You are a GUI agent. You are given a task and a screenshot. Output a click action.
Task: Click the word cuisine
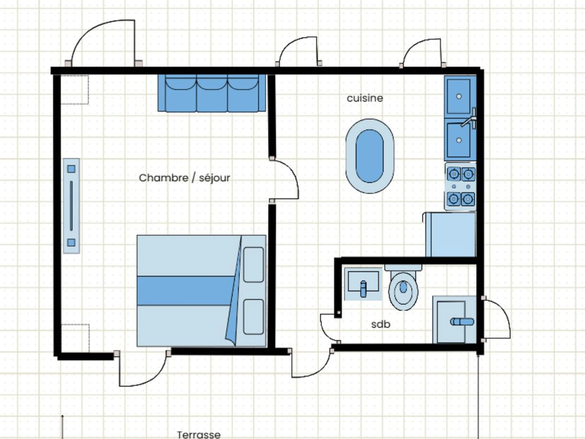click(x=365, y=98)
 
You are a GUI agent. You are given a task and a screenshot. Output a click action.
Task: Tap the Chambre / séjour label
click(x=185, y=178)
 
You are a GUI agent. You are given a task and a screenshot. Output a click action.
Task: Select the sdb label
click(x=380, y=324)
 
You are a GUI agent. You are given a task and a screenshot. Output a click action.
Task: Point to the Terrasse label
click(x=199, y=435)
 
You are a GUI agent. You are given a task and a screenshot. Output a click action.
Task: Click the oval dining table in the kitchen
click(x=370, y=156)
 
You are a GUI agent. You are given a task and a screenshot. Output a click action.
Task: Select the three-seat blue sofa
click(x=212, y=93)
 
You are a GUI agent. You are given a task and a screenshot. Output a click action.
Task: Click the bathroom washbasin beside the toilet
click(x=363, y=284)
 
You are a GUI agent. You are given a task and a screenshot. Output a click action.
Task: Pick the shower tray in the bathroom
click(x=454, y=320)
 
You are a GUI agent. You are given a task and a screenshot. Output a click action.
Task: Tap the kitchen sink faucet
click(x=469, y=119)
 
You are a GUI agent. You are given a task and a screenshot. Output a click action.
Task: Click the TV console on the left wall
click(x=71, y=206)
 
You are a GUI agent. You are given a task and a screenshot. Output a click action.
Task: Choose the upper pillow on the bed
click(x=253, y=265)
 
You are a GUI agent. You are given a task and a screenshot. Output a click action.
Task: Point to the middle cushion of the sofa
click(x=212, y=93)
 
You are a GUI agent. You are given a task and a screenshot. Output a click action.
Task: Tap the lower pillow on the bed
click(x=253, y=317)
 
